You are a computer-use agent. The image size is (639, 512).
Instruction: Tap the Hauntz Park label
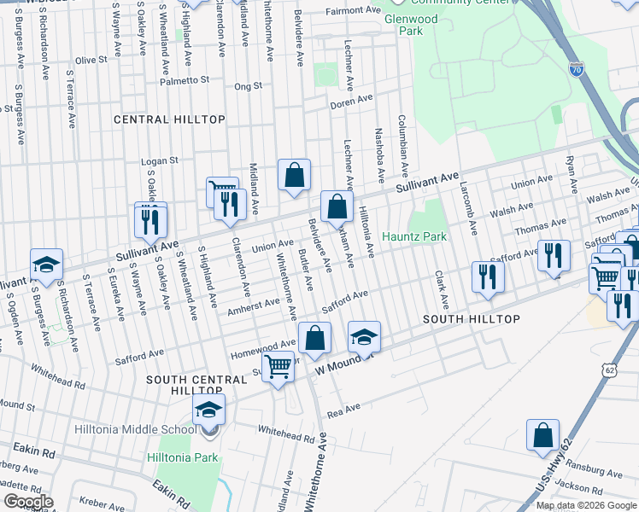point(414,236)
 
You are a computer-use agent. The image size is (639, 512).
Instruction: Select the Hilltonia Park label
point(182,457)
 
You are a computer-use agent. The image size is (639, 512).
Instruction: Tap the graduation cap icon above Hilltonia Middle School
point(208,410)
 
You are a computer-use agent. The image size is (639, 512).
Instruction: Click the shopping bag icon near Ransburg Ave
point(542,435)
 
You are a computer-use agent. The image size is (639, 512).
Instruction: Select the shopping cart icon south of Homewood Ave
point(278,367)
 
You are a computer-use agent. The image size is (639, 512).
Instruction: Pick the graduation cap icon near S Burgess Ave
point(46,264)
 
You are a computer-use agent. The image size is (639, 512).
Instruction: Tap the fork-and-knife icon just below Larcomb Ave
point(488,276)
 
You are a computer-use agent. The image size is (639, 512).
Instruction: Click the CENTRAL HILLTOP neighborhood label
point(169,120)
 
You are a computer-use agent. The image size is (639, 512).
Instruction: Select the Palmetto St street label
point(185,79)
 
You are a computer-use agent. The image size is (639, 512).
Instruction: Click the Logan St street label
point(159,160)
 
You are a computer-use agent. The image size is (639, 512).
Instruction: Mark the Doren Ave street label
point(351,100)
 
